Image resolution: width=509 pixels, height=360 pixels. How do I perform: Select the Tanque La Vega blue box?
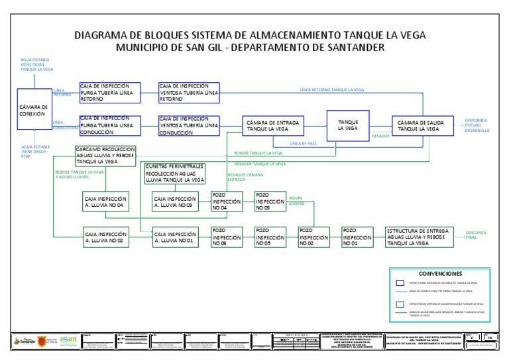pyautogui.click(x=348, y=126)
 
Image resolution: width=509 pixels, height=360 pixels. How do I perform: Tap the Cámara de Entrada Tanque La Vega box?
pyautogui.click(x=273, y=126)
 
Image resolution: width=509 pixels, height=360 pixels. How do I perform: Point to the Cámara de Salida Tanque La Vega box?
pyautogui.click(x=422, y=126)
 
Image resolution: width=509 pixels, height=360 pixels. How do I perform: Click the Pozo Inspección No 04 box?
pyautogui.click(x=227, y=202)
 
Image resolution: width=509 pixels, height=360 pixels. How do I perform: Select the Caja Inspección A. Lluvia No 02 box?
pyautogui.click(x=106, y=237)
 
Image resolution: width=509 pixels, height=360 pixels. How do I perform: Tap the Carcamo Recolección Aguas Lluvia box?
pyautogui.click(x=105, y=156)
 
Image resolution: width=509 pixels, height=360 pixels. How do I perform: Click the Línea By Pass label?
pyautogui.click(x=304, y=143)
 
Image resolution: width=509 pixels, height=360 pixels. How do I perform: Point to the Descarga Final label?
pyautogui.click(x=476, y=235)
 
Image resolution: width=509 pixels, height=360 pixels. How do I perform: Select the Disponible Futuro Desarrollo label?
pyautogui.click(x=477, y=126)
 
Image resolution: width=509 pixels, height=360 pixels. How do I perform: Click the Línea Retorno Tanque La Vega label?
pyautogui.click(x=331, y=89)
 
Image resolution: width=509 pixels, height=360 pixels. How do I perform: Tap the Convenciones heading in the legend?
pyautogui.click(x=440, y=273)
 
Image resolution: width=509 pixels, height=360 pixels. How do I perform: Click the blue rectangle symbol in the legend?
pyautogui.click(x=400, y=283)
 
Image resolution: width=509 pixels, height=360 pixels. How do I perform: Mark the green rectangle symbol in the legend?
pyautogui.click(x=400, y=304)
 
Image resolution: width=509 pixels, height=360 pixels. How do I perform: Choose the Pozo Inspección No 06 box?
pyautogui.click(x=227, y=237)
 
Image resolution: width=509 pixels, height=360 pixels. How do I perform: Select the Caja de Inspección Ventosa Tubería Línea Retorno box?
pyautogui.click(x=189, y=93)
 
